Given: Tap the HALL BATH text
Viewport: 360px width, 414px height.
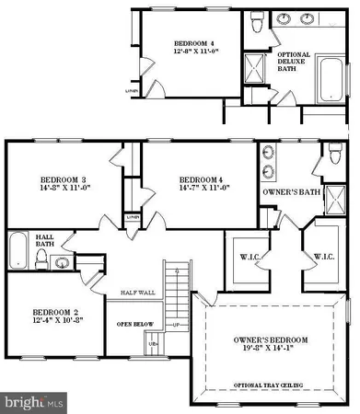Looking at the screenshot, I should [x=45, y=241].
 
